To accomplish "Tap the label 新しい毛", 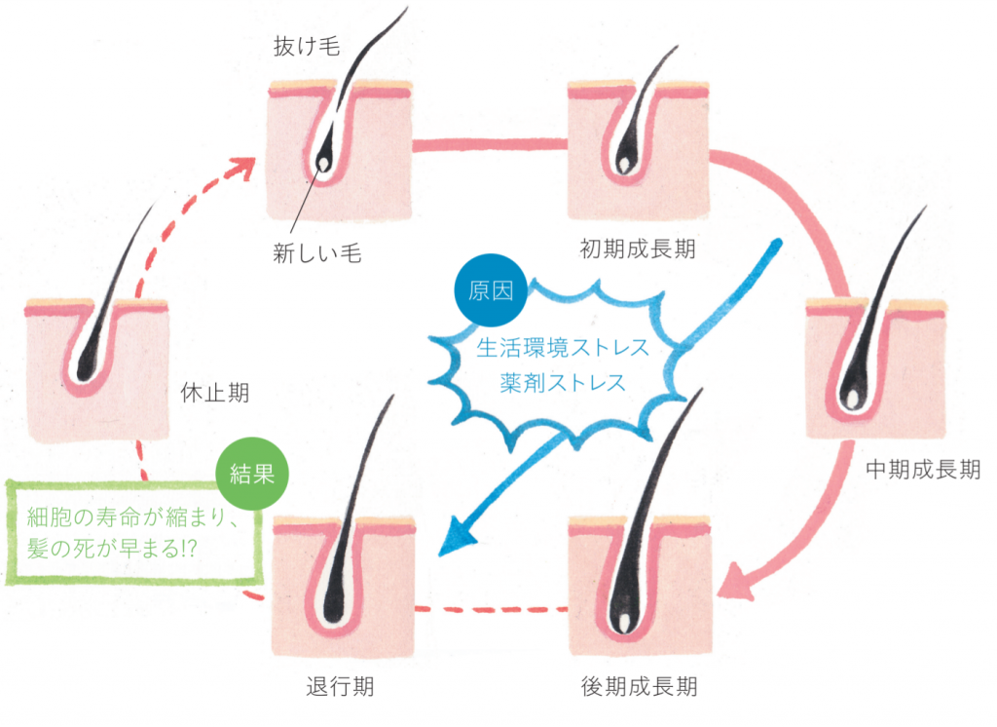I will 317,253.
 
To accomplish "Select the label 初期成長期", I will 638,248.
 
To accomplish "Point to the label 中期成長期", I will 923,471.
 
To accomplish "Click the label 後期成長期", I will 638,685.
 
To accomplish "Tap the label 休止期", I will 214,393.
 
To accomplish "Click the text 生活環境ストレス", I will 562,347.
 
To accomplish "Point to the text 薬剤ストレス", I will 563,382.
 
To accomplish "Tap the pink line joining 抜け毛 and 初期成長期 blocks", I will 491,145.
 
